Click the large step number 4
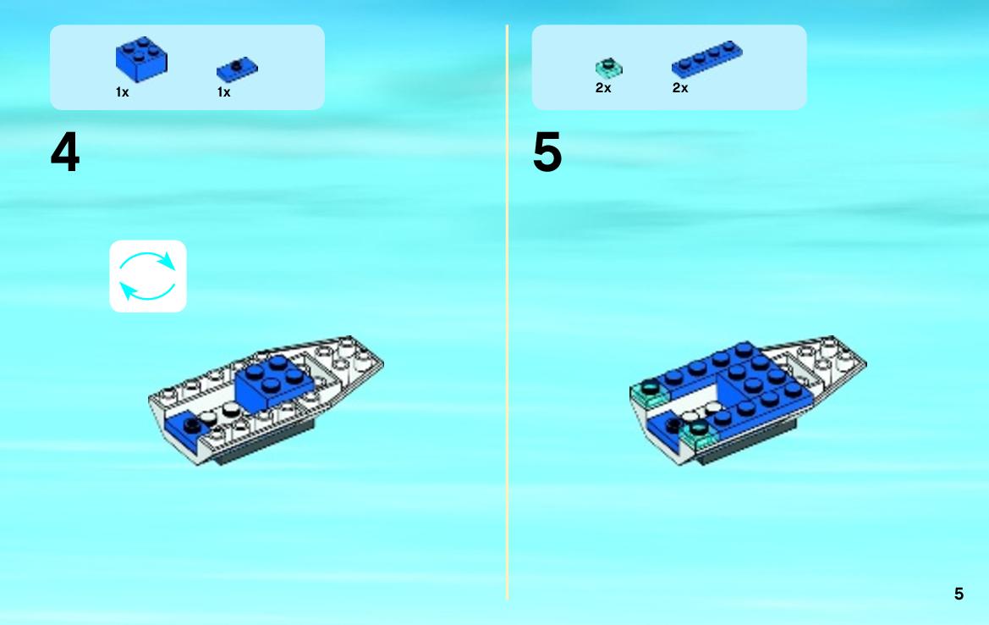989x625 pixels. [65, 152]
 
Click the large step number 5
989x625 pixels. [547, 152]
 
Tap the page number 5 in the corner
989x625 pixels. [959, 594]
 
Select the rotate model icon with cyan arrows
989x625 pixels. [148, 276]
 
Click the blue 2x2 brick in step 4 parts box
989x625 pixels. [141, 58]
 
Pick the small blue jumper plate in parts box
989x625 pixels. [237, 69]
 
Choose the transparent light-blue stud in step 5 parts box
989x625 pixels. [608, 68]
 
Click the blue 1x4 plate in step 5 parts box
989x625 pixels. [707, 58]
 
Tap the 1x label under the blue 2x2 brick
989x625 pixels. [123, 92]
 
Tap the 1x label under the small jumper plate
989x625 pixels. [224, 92]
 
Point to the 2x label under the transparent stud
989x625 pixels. [603, 88]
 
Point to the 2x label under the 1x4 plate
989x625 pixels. [680, 88]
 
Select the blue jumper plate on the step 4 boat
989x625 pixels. [186, 429]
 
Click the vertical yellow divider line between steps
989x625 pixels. [507, 312]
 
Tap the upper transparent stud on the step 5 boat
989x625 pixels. [650, 393]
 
